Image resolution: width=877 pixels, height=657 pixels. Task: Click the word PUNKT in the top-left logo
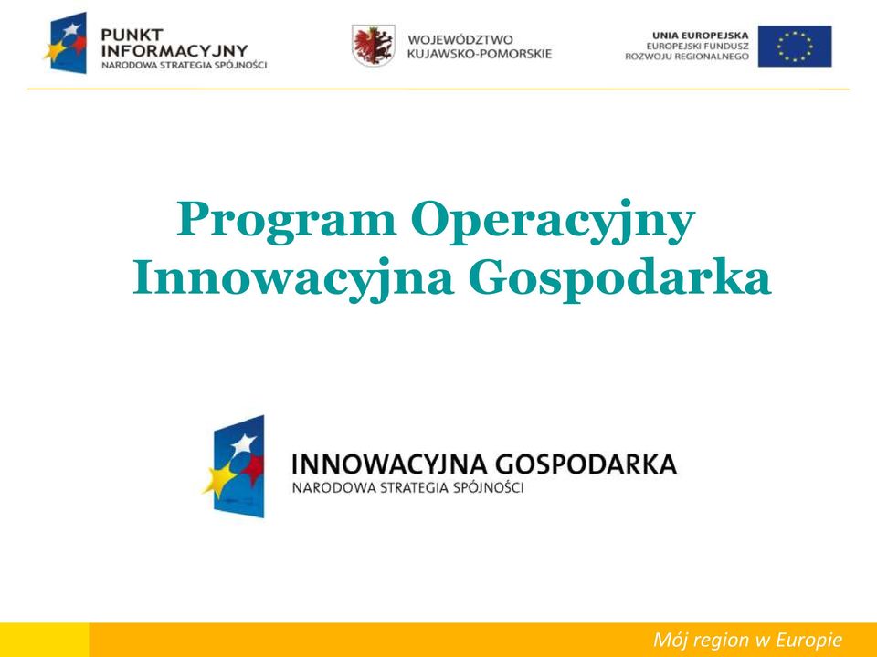pos(132,35)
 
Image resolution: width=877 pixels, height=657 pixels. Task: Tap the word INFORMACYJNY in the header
pos(174,51)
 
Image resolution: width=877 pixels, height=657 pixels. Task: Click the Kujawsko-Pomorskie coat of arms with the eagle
pos(373,46)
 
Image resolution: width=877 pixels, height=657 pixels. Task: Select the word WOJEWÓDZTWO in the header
pos(460,39)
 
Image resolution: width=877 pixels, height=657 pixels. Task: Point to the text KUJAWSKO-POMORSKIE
pos(480,54)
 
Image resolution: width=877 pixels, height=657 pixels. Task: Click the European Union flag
pos(795,47)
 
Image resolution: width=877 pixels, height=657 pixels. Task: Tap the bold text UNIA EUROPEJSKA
pos(701,36)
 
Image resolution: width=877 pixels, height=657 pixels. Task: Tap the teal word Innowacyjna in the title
pos(293,279)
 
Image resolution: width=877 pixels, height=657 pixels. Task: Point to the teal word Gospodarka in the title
pos(619,280)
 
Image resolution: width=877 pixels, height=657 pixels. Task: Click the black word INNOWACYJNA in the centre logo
pos(389,464)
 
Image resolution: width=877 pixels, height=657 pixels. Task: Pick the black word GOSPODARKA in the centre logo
pos(586,464)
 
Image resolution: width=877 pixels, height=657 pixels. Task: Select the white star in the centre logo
pos(244,444)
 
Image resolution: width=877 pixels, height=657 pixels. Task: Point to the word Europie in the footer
pos(808,641)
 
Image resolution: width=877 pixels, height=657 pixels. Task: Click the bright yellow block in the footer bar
pos(44,640)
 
